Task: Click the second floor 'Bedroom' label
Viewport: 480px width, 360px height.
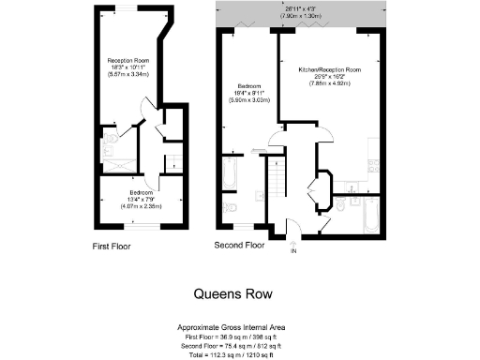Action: (x=248, y=86)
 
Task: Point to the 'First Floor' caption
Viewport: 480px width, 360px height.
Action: (x=112, y=247)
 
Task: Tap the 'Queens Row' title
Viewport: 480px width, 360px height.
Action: (x=233, y=293)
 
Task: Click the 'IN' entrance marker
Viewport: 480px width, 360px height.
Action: (x=292, y=251)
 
